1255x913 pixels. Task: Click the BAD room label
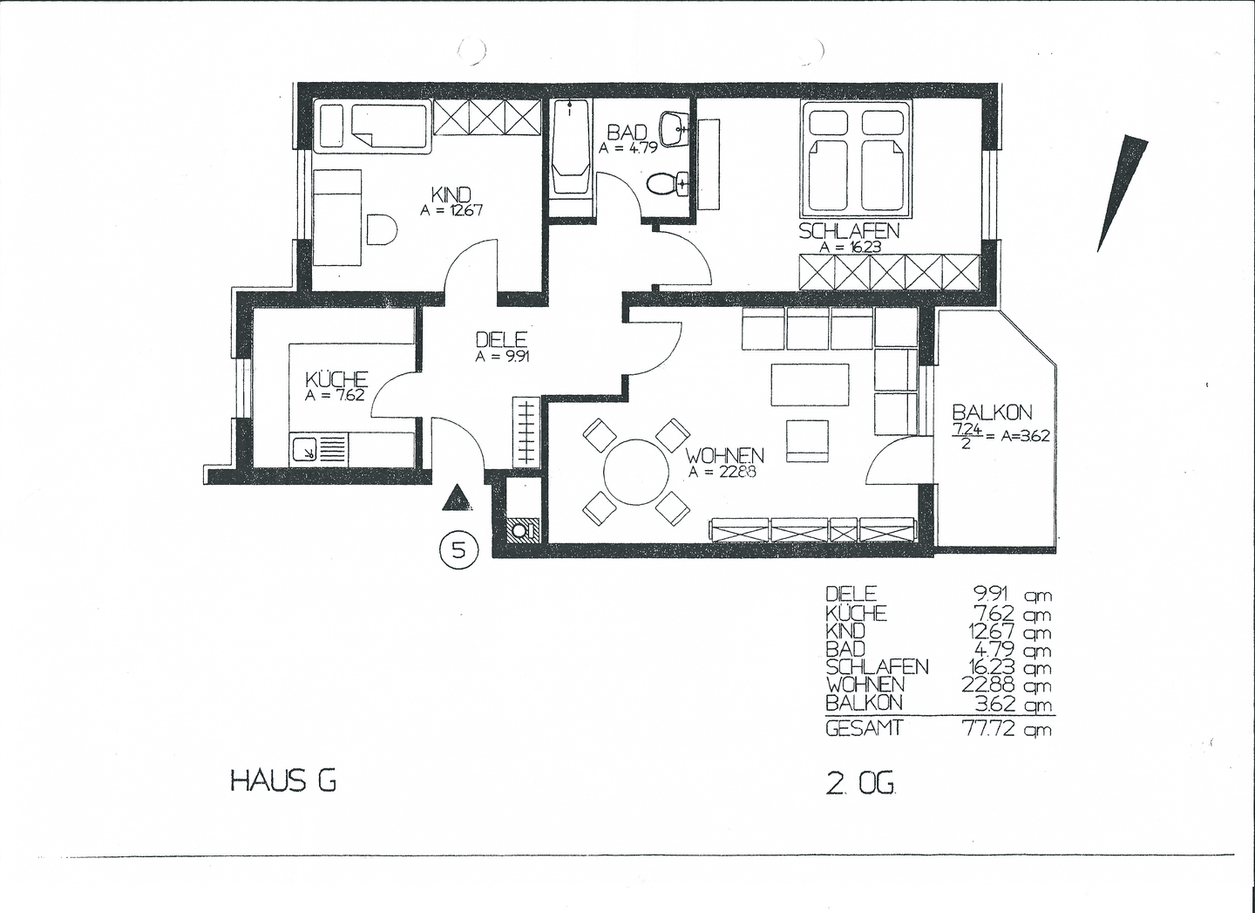(627, 133)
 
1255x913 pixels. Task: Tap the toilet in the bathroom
(668, 184)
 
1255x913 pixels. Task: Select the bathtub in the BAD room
(570, 146)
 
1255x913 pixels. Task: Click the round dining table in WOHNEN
(636, 472)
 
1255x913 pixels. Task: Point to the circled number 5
(459, 550)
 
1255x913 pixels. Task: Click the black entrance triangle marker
(458, 498)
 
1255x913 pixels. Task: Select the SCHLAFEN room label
(849, 231)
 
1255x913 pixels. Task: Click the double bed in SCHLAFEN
(856, 158)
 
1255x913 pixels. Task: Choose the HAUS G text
(283, 780)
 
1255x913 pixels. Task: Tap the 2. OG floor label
(860, 784)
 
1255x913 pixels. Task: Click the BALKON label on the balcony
(992, 413)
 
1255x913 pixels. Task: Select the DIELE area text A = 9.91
(502, 357)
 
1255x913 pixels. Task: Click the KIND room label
(451, 195)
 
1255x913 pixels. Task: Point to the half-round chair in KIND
(382, 229)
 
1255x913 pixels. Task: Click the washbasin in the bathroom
(675, 129)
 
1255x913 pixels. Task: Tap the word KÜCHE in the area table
(856, 612)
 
